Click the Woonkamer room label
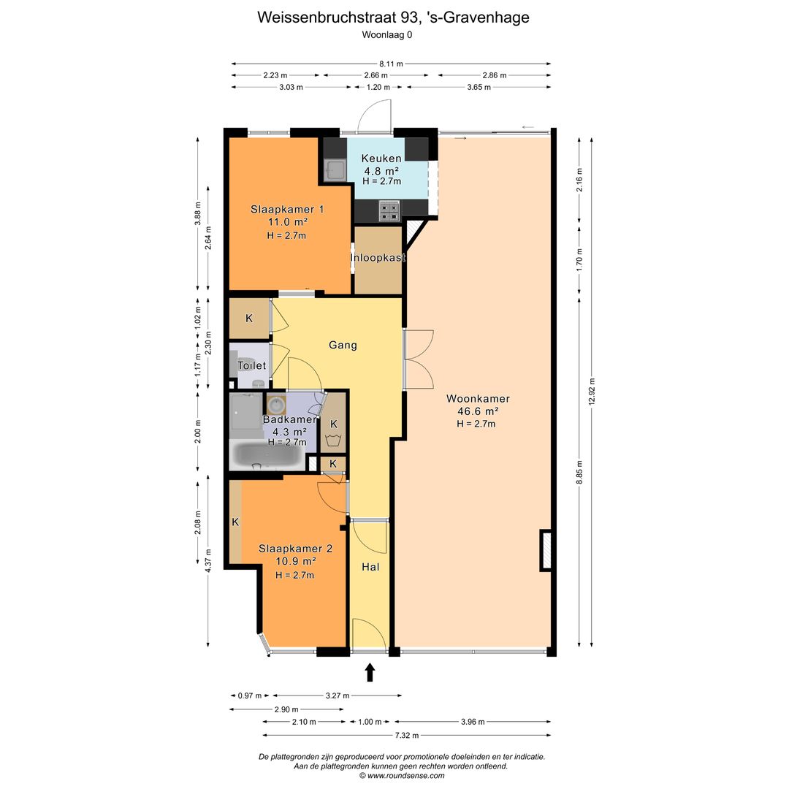478,399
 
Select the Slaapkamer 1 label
287,209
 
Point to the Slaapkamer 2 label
295,549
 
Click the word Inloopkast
378,258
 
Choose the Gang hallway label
343,345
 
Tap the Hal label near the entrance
370,566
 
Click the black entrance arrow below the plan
370,671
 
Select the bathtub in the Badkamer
266,457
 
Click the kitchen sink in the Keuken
336,171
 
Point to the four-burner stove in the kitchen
389,210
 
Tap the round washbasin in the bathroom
276,404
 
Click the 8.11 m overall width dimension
392,64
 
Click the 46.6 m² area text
478,411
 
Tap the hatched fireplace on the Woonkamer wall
546,550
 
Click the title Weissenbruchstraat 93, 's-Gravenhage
393,18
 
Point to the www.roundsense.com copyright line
402,776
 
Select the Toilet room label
251,365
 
